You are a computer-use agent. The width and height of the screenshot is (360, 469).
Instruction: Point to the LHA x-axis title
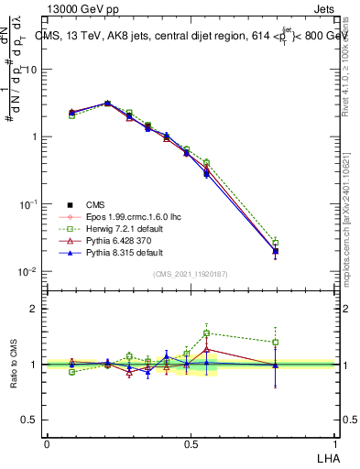click(x=329, y=456)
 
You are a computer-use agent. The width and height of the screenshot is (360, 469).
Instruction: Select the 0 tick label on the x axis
click(x=47, y=442)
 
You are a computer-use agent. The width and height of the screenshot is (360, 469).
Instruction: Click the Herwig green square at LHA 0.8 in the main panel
click(x=275, y=242)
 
